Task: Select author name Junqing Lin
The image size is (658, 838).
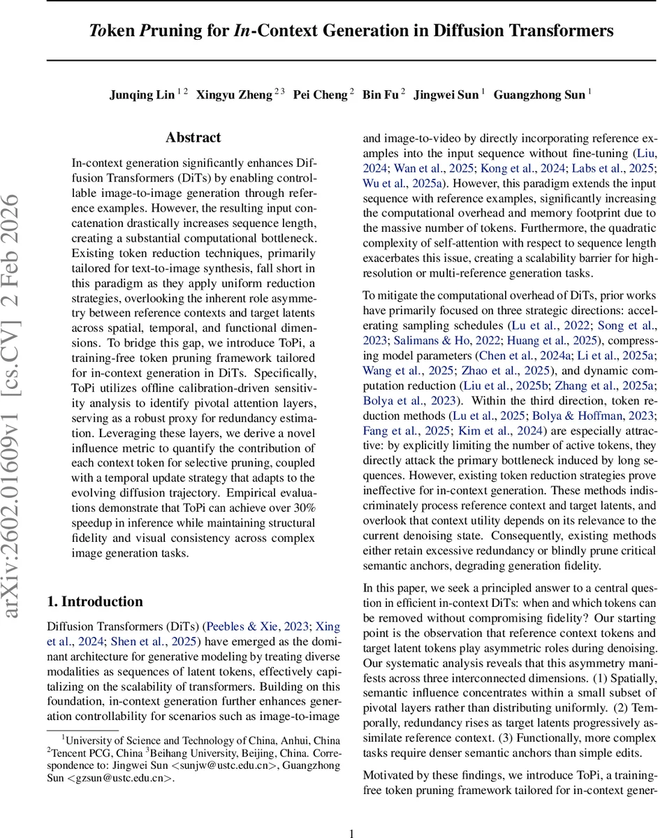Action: (142, 95)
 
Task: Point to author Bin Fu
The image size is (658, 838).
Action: (381, 95)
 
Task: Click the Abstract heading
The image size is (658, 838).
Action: (193, 138)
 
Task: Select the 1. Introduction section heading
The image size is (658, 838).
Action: (94, 601)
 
